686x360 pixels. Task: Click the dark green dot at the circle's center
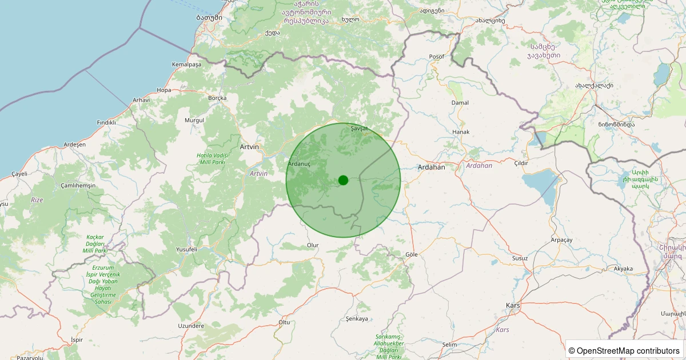pyautogui.click(x=343, y=180)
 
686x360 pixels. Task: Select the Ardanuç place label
pyautogui.click(x=299, y=163)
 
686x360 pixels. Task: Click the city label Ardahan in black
pyautogui.click(x=431, y=167)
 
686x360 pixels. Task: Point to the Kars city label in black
pyautogui.click(x=513, y=306)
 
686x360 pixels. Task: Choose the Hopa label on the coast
pyautogui.click(x=164, y=90)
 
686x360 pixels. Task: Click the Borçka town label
pyautogui.click(x=217, y=98)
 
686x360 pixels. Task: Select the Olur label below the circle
pyautogui.click(x=313, y=245)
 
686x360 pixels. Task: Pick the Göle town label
pyautogui.click(x=411, y=254)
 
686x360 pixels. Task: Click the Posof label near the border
pyautogui.click(x=436, y=57)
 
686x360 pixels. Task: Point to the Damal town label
pyautogui.click(x=460, y=103)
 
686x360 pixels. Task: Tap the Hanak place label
pyautogui.click(x=461, y=132)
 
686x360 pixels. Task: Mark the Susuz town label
pyautogui.click(x=520, y=258)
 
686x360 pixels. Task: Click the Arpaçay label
pyautogui.click(x=561, y=240)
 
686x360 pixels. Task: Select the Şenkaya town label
pyautogui.click(x=357, y=318)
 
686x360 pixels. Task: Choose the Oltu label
pyautogui.click(x=284, y=322)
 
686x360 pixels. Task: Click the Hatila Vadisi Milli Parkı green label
pyautogui.click(x=212, y=159)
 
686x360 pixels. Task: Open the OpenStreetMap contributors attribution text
pyautogui.click(x=628, y=350)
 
